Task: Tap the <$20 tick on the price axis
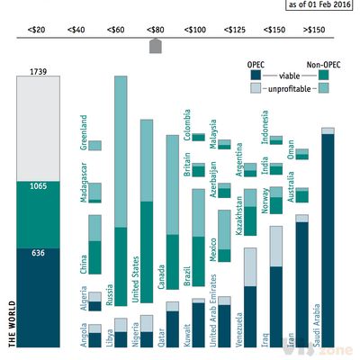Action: (x=37, y=31)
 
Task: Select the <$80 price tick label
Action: (x=155, y=31)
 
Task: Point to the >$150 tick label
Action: (x=315, y=31)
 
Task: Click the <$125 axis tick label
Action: (x=236, y=31)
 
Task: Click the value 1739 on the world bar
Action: (x=38, y=71)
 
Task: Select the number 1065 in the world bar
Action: (x=38, y=185)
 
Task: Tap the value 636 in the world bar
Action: (x=38, y=254)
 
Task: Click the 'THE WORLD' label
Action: (x=12, y=319)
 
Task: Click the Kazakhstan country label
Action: (x=238, y=212)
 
